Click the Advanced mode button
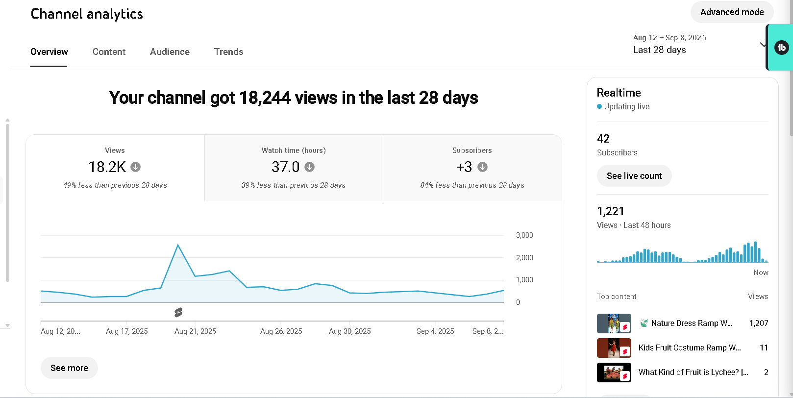coord(732,12)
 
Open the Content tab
coord(109,52)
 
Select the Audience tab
coord(170,52)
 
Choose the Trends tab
coord(228,52)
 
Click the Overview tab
coord(49,52)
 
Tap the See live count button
coord(634,176)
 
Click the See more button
coord(69,368)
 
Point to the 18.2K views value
coord(107,167)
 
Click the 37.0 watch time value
coord(285,167)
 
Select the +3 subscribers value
coord(464,167)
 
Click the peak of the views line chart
coord(178,245)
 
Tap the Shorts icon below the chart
coord(178,312)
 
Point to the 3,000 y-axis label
coord(524,235)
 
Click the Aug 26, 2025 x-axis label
coord(281,331)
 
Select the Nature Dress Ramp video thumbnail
coord(614,323)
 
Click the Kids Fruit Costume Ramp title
coord(689,348)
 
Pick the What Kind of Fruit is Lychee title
coord(693,372)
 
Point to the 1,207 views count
coord(758,323)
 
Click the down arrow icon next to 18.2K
coord(136,167)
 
